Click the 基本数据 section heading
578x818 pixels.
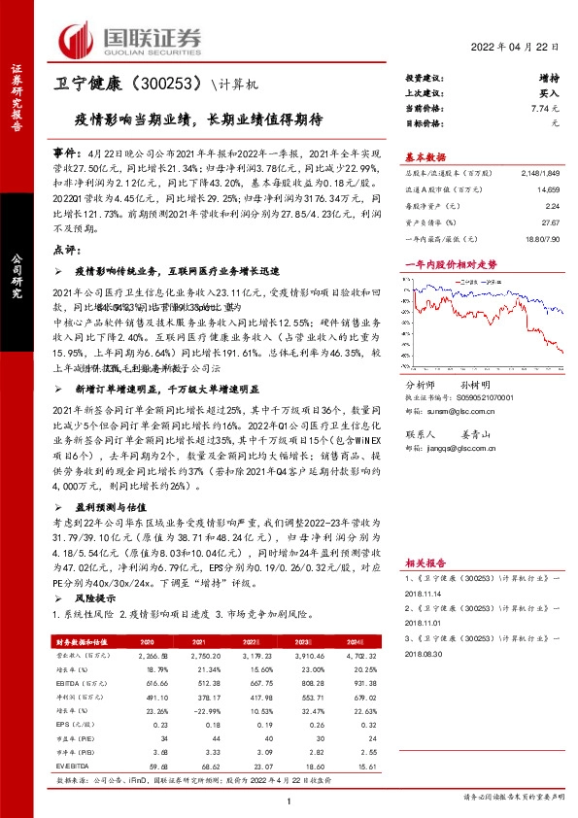[x=425, y=156]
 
